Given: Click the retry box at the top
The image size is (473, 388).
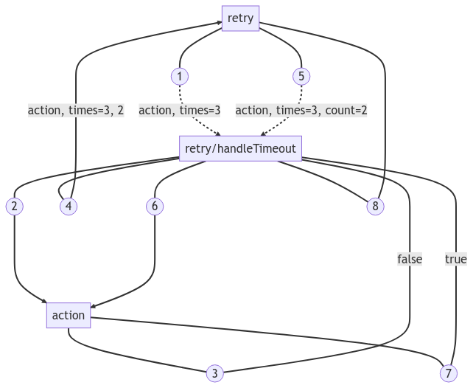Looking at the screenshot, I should point(240,18).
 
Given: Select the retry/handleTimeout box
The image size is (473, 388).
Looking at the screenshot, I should point(240,148).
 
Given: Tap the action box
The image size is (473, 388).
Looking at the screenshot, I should point(69,315).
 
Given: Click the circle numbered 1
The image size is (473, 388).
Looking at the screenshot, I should point(180,76).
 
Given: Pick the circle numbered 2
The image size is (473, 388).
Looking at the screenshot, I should point(15,206).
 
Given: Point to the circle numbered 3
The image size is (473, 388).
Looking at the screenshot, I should point(214,373).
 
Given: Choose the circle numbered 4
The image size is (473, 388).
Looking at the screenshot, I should point(69,206).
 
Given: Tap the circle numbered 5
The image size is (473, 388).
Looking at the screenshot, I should point(301,76).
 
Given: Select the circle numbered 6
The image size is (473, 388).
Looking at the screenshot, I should point(155,206).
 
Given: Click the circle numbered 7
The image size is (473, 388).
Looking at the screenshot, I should point(449,373).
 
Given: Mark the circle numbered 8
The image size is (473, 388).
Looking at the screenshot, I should point(375,206).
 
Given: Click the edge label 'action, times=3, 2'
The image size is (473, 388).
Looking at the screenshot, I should point(76,111).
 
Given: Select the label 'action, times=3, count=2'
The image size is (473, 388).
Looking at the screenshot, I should point(301,111).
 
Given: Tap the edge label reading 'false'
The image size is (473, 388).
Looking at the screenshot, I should point(410,259).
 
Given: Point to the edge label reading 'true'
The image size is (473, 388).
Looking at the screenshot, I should point(455,259).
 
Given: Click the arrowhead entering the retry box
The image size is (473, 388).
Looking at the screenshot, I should point(219,24).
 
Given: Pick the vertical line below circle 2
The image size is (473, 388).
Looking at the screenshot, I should point(15,251).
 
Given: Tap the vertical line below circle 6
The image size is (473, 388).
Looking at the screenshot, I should point(155,251).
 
